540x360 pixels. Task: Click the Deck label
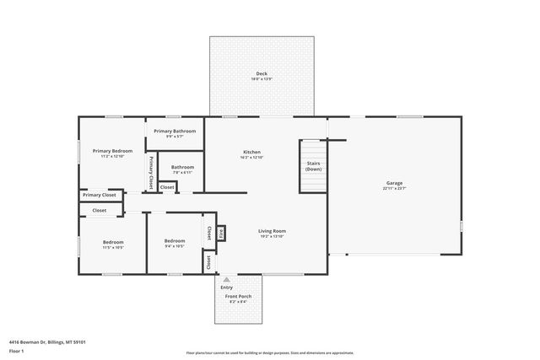262,73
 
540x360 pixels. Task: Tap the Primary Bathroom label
175,131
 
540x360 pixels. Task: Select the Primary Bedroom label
112,150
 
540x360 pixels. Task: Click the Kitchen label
252,151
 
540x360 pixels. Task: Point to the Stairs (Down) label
313,166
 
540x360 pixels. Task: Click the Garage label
394,183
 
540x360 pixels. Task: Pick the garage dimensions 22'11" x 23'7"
394,189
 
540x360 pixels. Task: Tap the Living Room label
272,230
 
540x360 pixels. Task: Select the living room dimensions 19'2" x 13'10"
272,236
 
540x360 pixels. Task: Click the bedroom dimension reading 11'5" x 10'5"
113,248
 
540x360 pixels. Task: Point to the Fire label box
221,233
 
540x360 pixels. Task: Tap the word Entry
226,287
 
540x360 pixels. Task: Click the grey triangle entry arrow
226,279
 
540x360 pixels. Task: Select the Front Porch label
238,297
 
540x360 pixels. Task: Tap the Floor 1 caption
16,349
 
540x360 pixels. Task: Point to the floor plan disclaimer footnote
269,353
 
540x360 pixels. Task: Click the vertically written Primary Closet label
151,171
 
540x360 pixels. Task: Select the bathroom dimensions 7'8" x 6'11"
182,173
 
